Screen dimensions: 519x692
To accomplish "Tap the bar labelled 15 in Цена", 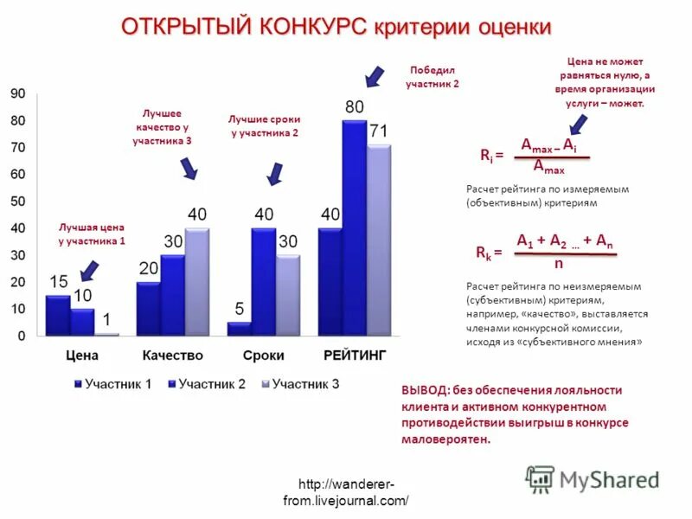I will point(58,315).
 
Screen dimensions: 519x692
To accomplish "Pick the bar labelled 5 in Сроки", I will point(239,328).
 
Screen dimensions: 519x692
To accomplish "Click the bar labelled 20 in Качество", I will point(149,308).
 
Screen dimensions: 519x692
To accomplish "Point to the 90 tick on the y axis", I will point(18,93).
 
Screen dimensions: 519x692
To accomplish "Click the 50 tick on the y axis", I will point(18,201).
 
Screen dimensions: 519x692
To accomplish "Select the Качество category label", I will point(172,356).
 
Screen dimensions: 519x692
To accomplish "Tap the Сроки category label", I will point(263,356).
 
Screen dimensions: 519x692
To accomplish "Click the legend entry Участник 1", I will point(116,384).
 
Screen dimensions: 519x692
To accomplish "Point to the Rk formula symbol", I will point(484,253).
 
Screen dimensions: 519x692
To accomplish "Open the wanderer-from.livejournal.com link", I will point(345,492).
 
